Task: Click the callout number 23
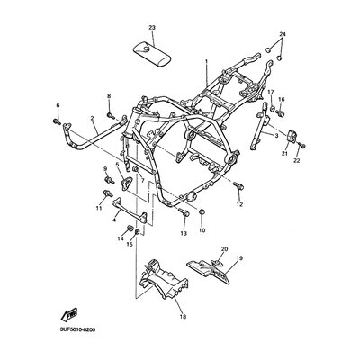(x=152, y=28)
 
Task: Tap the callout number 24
(x=283, y=34)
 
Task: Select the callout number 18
(x=183, y=316)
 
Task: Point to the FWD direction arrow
(x=69, y=314)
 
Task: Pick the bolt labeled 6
(x=57, y=121)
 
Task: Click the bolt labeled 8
(x=111, y=114)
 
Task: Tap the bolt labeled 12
(x=238, y=186)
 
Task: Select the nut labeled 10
(x=202, y=211)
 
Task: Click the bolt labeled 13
(x=184, y=212)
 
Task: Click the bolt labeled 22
(x=301, y=146)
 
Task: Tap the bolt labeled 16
(x=280, y=113)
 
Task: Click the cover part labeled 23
(x=152, y=55)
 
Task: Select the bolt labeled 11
(x=108, y=193)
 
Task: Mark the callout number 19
(x=239, y=258)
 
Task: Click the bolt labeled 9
(x=109, y=180)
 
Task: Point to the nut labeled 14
(x=130, y=229)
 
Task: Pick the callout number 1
(x=206, y=61)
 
